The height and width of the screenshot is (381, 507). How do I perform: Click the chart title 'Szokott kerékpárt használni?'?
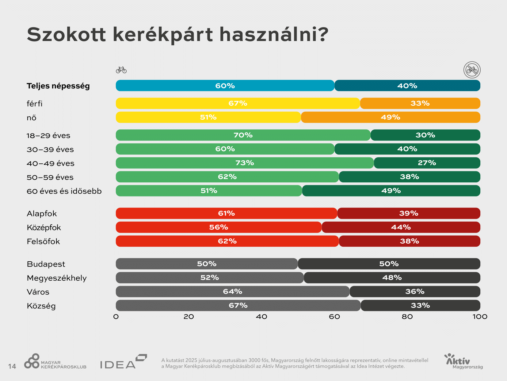(177, 34)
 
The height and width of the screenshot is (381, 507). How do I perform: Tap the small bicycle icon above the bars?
(121, 70)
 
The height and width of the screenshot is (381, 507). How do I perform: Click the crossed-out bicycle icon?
(472, 70)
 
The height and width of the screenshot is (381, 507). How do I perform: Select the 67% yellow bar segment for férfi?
(238, 103)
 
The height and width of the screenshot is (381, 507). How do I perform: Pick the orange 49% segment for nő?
(390, 118)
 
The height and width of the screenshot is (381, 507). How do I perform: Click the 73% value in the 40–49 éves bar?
(245, 163)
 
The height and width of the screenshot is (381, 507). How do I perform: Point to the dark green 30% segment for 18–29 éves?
(425, 135)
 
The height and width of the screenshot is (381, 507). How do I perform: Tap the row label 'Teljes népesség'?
(58, 86)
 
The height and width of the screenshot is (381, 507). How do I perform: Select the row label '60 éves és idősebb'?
(64, 191)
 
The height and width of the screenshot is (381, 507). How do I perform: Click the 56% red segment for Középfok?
(219, 227)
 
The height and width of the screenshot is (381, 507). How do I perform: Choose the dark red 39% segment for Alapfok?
(409, 213)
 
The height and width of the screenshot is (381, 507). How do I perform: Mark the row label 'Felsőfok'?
(43, 241)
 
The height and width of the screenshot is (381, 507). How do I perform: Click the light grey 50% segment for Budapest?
(207, 264)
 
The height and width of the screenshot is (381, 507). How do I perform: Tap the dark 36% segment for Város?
(415, 292)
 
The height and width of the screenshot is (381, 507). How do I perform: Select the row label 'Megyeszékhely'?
(57, 278)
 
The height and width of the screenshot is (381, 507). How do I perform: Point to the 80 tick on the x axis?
(407, 317)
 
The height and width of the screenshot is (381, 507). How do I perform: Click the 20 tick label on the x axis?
(189, 317)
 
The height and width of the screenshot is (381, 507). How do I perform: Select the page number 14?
(12, 366)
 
